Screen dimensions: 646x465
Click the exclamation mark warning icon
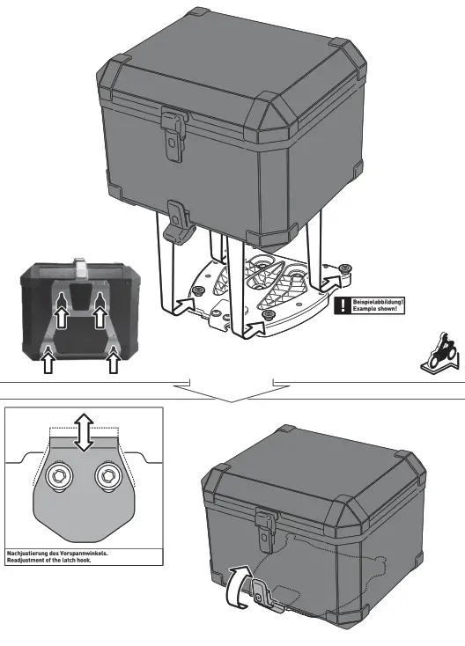[x=340, y=306]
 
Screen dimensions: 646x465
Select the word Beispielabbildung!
[x=377, y=303]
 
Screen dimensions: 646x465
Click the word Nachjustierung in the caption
[x=32, y=554]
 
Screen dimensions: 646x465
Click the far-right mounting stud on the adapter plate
[x=344, y=267]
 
